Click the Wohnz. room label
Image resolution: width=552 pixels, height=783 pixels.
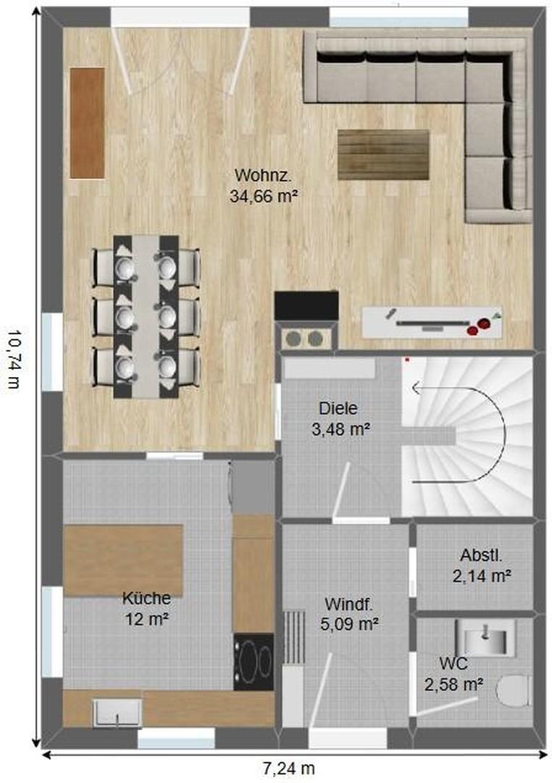point(263,175)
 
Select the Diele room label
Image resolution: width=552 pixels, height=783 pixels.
point(338,408)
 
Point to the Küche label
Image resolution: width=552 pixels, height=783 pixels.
point(146,597)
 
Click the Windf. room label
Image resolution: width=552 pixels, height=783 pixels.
point(349,604)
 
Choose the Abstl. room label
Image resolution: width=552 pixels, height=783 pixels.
point(481,555)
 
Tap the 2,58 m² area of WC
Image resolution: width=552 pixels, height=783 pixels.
point(453,684)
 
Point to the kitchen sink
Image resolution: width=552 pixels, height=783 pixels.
point(117,712)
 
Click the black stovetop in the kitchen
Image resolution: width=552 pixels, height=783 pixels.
point(254,662)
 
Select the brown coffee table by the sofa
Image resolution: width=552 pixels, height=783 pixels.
point(383,155)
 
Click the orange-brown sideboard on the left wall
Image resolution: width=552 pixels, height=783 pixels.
point(88,123)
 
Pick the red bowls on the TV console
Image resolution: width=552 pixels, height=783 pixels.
point(478,326)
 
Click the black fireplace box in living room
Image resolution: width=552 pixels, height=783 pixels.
point(306,306)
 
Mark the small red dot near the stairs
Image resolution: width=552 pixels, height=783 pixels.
point(407,359)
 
